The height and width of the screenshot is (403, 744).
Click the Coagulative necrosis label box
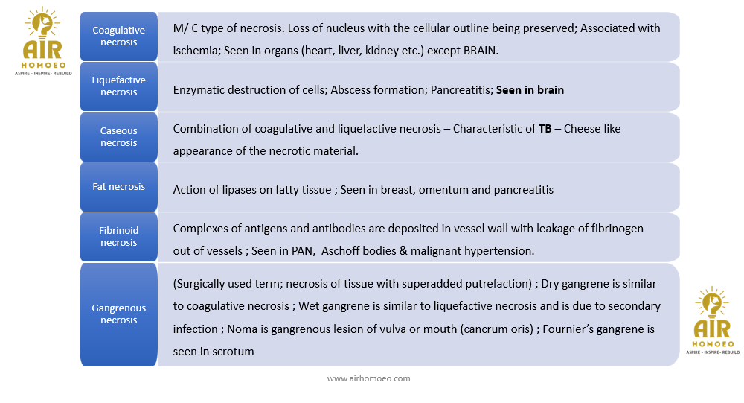[118, 37]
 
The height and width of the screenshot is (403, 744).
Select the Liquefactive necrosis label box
[118, 86]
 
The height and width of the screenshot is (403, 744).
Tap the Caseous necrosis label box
[118, 137]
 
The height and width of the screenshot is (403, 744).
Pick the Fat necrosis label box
[118, 187]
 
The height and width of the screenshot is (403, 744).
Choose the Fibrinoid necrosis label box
[118, 237]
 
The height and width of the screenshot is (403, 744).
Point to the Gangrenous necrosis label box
[118, 314]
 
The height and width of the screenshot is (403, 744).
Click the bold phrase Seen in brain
[530, 90]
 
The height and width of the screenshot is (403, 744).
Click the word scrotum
[233, 352]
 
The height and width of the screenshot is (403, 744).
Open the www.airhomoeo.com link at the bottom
[368, 378]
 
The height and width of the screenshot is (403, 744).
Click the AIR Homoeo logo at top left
[42, 43]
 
